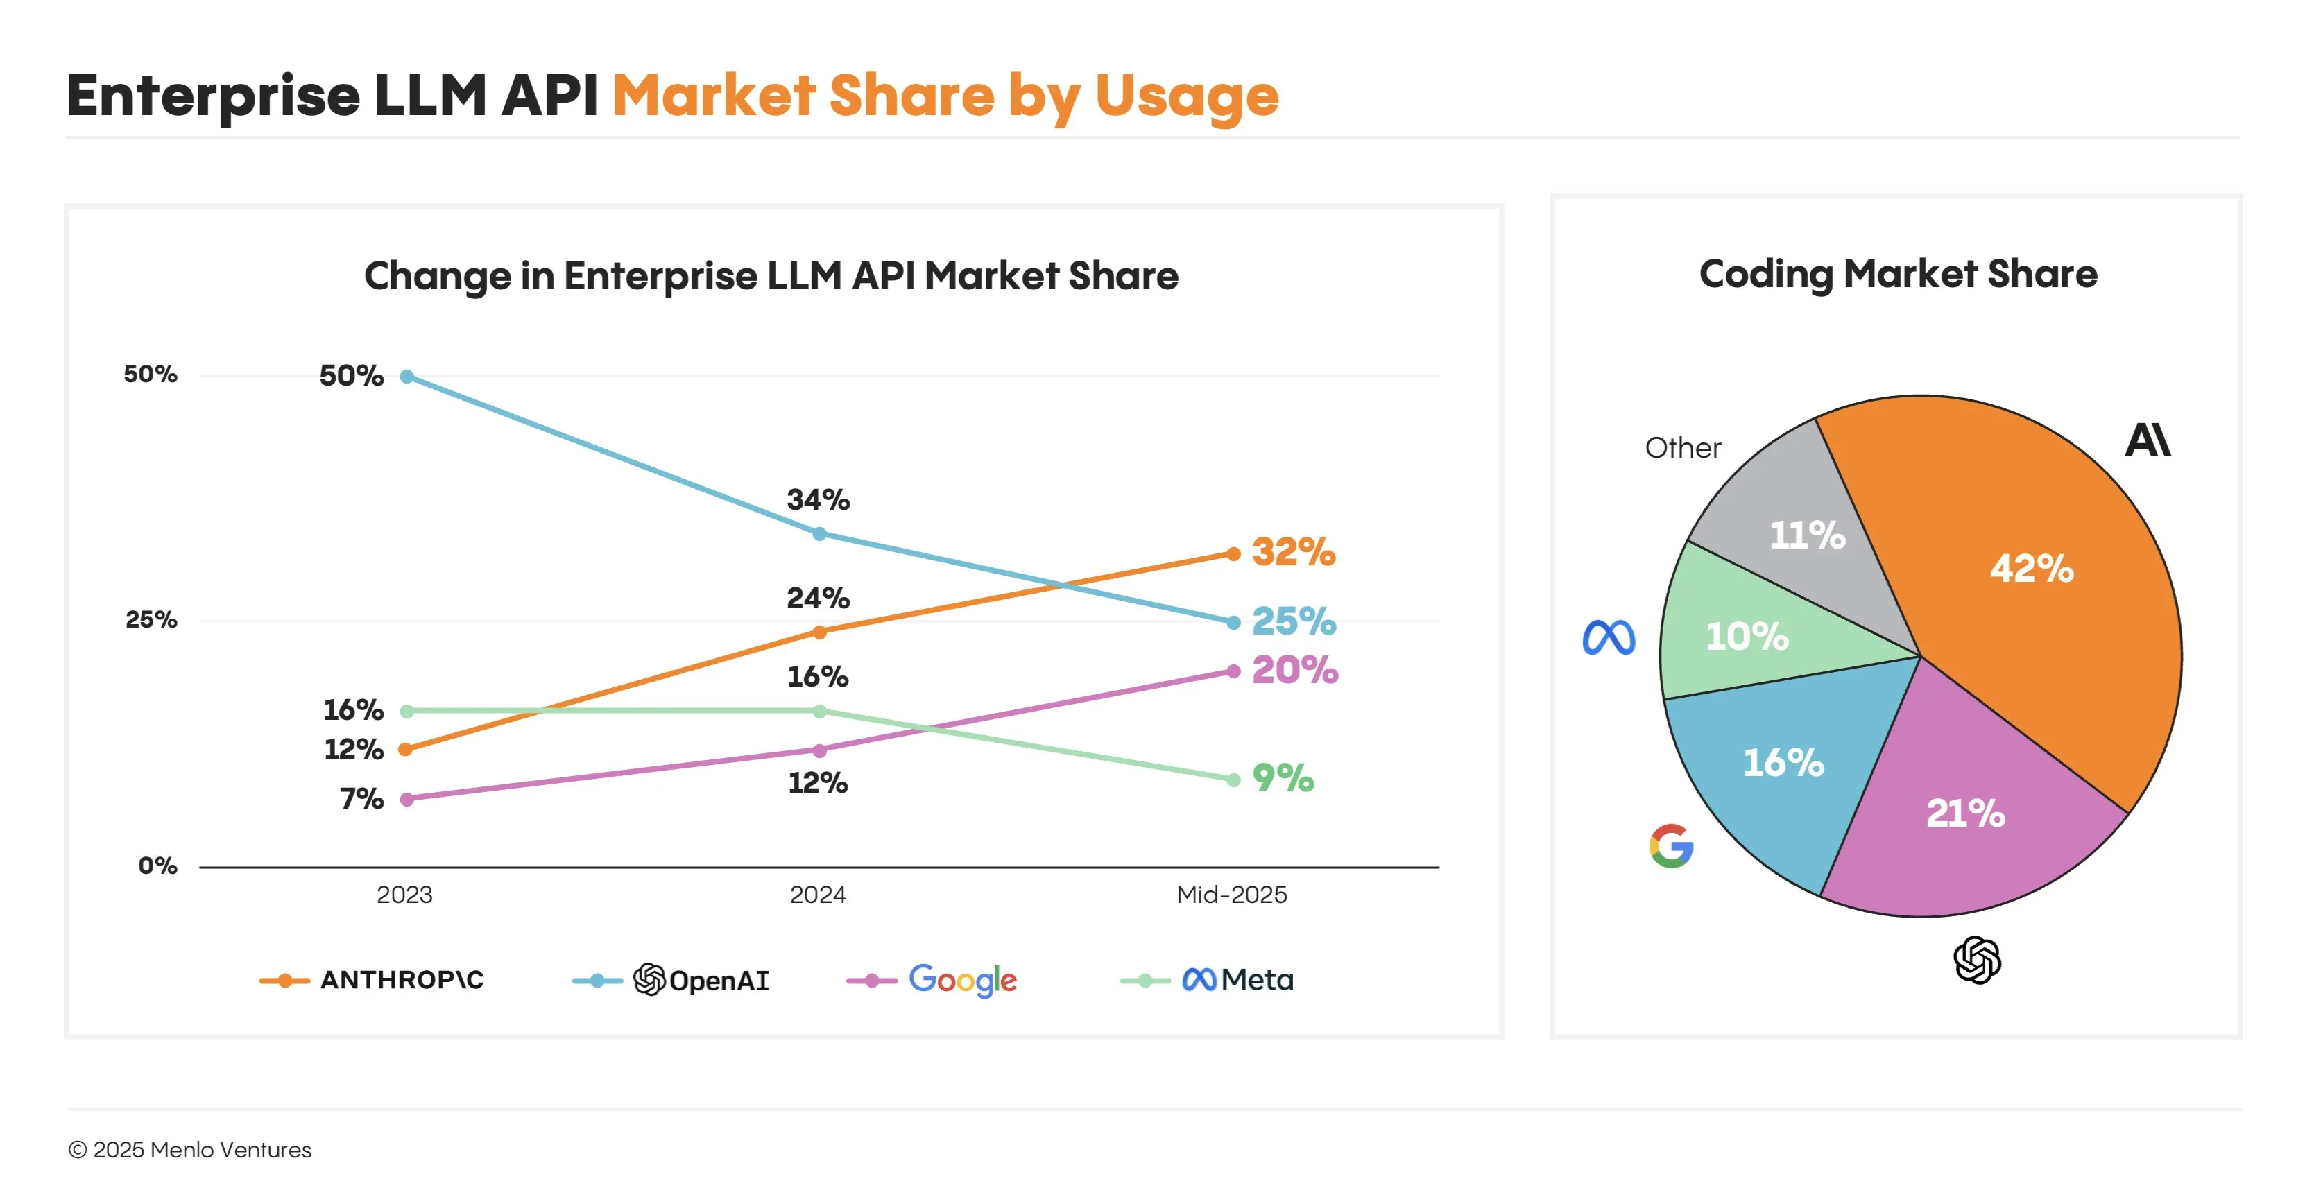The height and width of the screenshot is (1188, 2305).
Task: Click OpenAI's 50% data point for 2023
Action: click(x=407, y=377)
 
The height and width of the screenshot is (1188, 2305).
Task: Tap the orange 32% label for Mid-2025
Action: click(x=1293, y=552)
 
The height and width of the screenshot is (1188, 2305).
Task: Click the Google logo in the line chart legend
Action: click(x=963, y=981)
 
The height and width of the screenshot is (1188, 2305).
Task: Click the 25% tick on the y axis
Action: click(x=151, y=619)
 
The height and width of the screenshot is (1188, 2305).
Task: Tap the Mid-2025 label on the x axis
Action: click(x=1231, y=895)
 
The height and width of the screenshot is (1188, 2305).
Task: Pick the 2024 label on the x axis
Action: click(x=817, y=895)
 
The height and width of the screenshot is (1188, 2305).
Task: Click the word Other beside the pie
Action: click(x=1682, y=447)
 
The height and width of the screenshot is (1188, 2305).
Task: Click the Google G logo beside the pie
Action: click(x=1670, y=846)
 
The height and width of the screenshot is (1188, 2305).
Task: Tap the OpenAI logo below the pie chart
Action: click(x=1977, y=960)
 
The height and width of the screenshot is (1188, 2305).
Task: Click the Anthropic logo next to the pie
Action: click(x=2148, y=440)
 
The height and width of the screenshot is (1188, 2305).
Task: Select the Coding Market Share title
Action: click(x=1897, y=274)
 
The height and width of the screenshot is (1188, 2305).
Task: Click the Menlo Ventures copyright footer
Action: click(x=189, y=1150)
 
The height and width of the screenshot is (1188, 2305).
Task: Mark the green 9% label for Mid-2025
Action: click(x=1283, y=778)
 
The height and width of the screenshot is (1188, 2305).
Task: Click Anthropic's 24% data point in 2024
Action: click(x=820, y=632)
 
